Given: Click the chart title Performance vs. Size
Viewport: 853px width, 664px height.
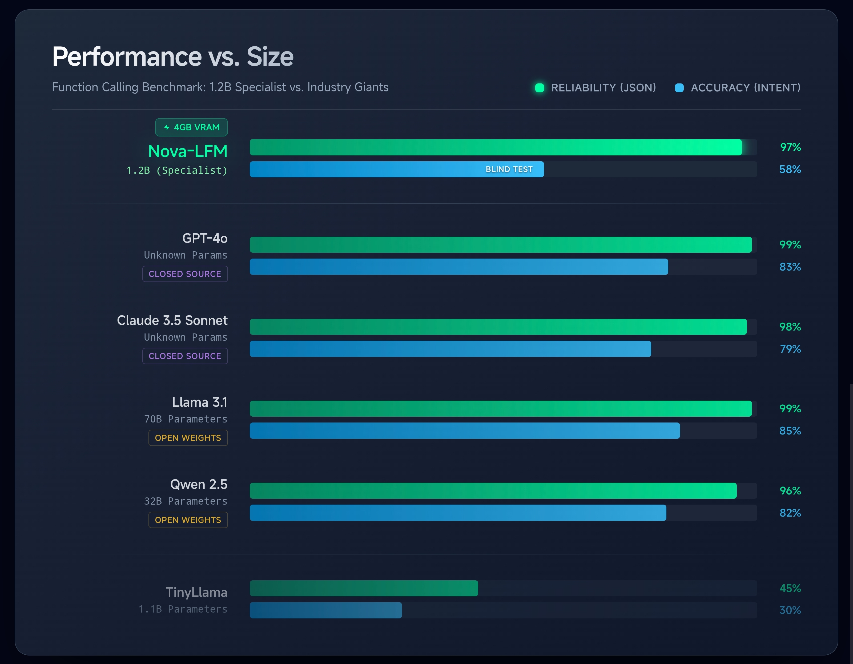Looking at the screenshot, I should [x=173, y=57].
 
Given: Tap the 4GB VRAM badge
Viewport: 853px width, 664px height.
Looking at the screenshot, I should [x=191, y=127].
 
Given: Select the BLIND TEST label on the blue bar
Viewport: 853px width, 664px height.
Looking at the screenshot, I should [x=509, y=169].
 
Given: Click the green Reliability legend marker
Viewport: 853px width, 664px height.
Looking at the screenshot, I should [x=539, y=88].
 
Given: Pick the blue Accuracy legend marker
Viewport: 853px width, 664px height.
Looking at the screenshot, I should [x=679, y=88].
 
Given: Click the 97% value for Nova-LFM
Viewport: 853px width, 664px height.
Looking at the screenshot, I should [x=790, y=147].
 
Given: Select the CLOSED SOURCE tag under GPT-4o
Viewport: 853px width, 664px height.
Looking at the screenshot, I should [x=185, y=274].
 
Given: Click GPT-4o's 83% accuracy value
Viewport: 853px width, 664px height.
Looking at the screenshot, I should [x=790, y=267].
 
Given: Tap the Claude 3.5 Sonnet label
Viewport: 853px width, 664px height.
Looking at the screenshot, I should [x=172, y=320].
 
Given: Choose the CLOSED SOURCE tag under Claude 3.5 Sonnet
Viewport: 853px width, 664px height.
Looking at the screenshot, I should [x=185, y=356].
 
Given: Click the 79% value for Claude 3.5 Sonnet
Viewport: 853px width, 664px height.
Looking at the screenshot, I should [x=790, y=349].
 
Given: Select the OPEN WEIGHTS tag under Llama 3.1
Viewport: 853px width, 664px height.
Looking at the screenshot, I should [x=188, y=438].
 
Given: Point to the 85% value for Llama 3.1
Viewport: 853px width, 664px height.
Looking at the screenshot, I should [x=790, y=431].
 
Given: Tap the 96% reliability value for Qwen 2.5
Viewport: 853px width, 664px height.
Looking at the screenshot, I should [x=790, y=490].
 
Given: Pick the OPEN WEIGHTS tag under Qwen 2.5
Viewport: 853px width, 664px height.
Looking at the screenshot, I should [x=188, y=520].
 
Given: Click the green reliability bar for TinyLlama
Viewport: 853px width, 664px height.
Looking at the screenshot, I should [x=363, y=588].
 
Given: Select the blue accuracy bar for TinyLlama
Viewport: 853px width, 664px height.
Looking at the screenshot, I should [x=325, y=610].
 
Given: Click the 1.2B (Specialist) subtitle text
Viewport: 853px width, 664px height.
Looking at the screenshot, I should [x=176, y=170].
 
